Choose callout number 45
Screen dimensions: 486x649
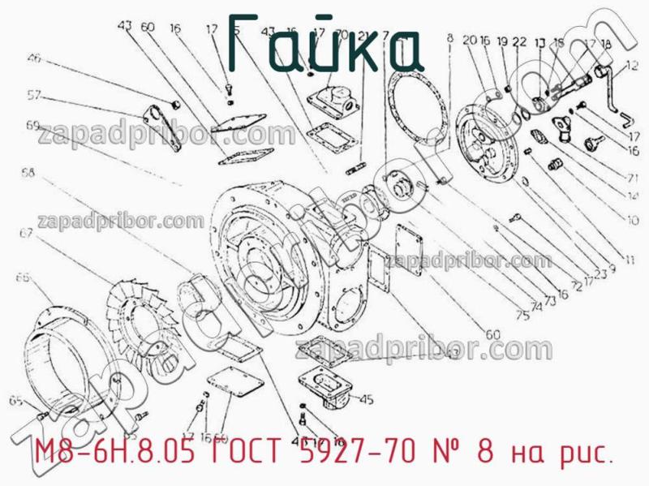click(x=366, y=398)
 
